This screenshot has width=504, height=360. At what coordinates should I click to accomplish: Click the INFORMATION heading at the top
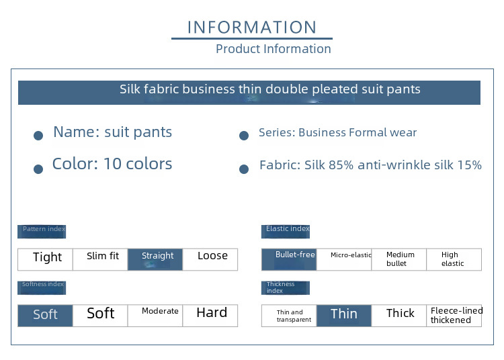[252, 28]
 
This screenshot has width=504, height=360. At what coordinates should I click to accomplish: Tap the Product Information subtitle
[274, 49]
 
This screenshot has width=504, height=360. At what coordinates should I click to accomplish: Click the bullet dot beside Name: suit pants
[38, 136]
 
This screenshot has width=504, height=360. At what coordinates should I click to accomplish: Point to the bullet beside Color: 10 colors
[38, 169]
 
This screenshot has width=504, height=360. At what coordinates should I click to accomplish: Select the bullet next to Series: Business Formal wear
[244, 136]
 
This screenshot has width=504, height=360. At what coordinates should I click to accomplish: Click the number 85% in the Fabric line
[341, 165]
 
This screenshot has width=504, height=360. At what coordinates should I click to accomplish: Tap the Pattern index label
[42, 232]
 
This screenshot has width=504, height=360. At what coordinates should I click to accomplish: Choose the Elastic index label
[286, 232]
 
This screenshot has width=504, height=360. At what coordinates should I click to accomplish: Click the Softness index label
[42, 287]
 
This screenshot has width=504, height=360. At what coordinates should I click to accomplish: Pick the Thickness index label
[286, 287]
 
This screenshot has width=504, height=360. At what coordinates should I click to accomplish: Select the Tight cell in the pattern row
[45, 259]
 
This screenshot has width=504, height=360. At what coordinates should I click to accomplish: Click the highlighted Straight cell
[155, 259]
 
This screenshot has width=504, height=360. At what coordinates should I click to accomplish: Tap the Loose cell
[210, 259]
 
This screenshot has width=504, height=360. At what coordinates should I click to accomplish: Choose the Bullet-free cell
[289, 259]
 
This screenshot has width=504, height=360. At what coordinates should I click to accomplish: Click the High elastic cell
[454, 259]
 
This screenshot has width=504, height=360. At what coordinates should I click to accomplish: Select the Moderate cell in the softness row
[155, 316]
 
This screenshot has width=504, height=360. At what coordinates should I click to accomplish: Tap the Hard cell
[210, 316]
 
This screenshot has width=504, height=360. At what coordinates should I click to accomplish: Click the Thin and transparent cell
[289, 316]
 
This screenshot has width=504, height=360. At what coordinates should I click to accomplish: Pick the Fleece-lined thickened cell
[454, 316]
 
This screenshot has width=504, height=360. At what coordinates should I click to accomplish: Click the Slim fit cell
[100, 259]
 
